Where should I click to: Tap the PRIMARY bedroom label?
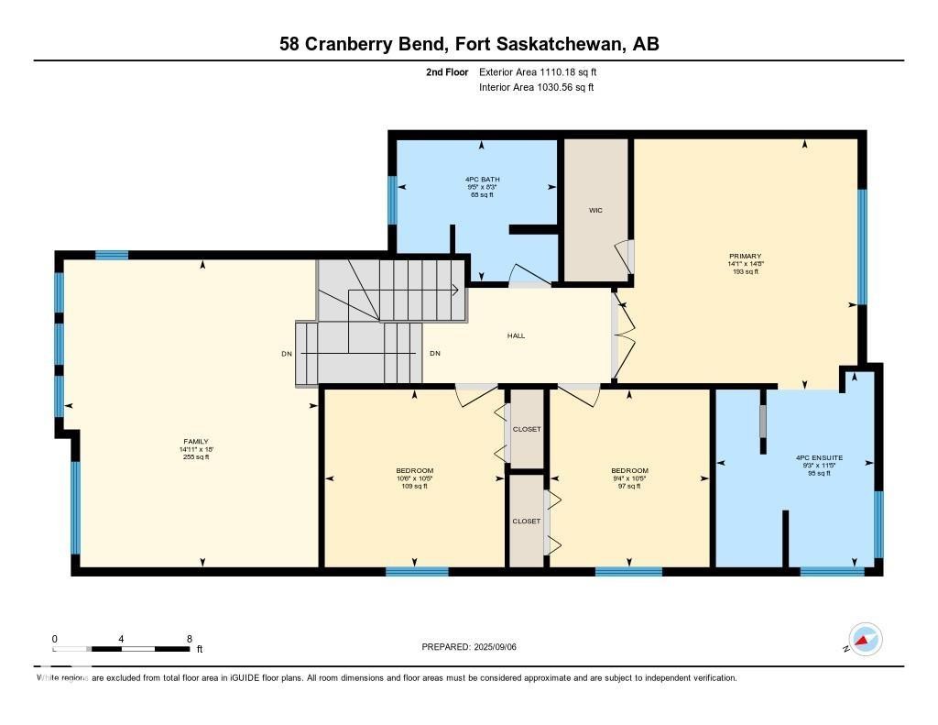745,257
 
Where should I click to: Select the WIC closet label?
594,210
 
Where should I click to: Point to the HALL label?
516,336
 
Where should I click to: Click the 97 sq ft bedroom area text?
629,486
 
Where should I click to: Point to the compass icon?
865,640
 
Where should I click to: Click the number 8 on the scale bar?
189,639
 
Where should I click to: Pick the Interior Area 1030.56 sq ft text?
536,88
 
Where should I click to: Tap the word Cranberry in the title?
347,44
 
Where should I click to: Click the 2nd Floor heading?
447,71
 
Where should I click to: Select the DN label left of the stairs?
287,354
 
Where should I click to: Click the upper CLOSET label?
527,429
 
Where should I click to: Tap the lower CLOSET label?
527,521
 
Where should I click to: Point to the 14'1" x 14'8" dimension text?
745,264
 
